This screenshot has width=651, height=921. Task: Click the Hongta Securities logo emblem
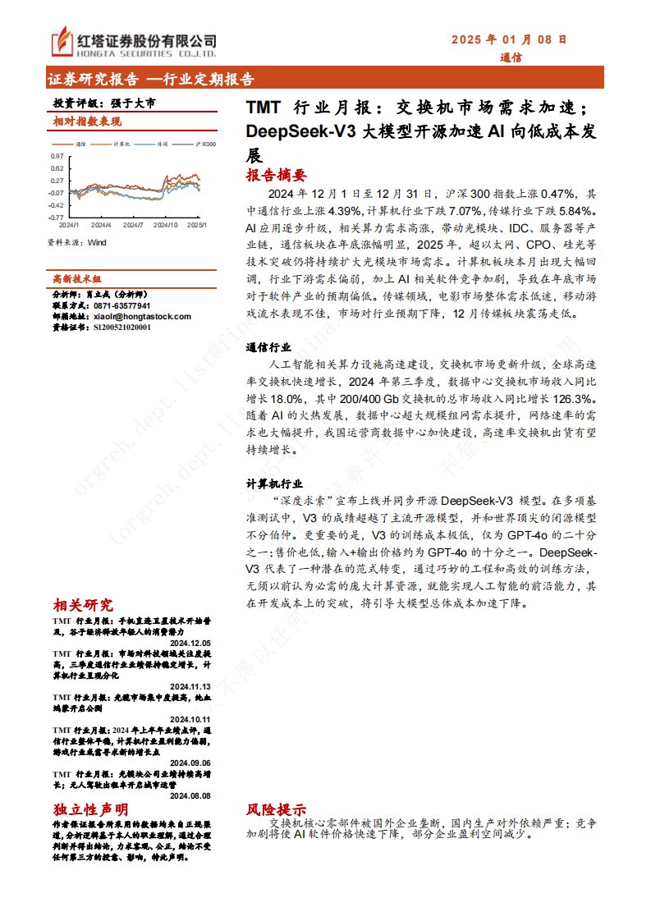(62, 42)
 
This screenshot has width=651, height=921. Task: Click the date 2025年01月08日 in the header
(510, 39)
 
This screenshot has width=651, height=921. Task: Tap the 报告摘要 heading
(276, 175)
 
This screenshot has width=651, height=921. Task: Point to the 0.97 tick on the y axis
(57, 155)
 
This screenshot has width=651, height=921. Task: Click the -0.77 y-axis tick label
(56, 218)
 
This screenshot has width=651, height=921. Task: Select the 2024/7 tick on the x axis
(134, 224)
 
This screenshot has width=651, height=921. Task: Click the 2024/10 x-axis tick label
(166, 224)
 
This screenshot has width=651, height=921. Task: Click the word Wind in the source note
(98, 242)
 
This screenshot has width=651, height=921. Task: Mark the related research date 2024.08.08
(191, 795)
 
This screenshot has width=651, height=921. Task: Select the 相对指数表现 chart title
(87, 121)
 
